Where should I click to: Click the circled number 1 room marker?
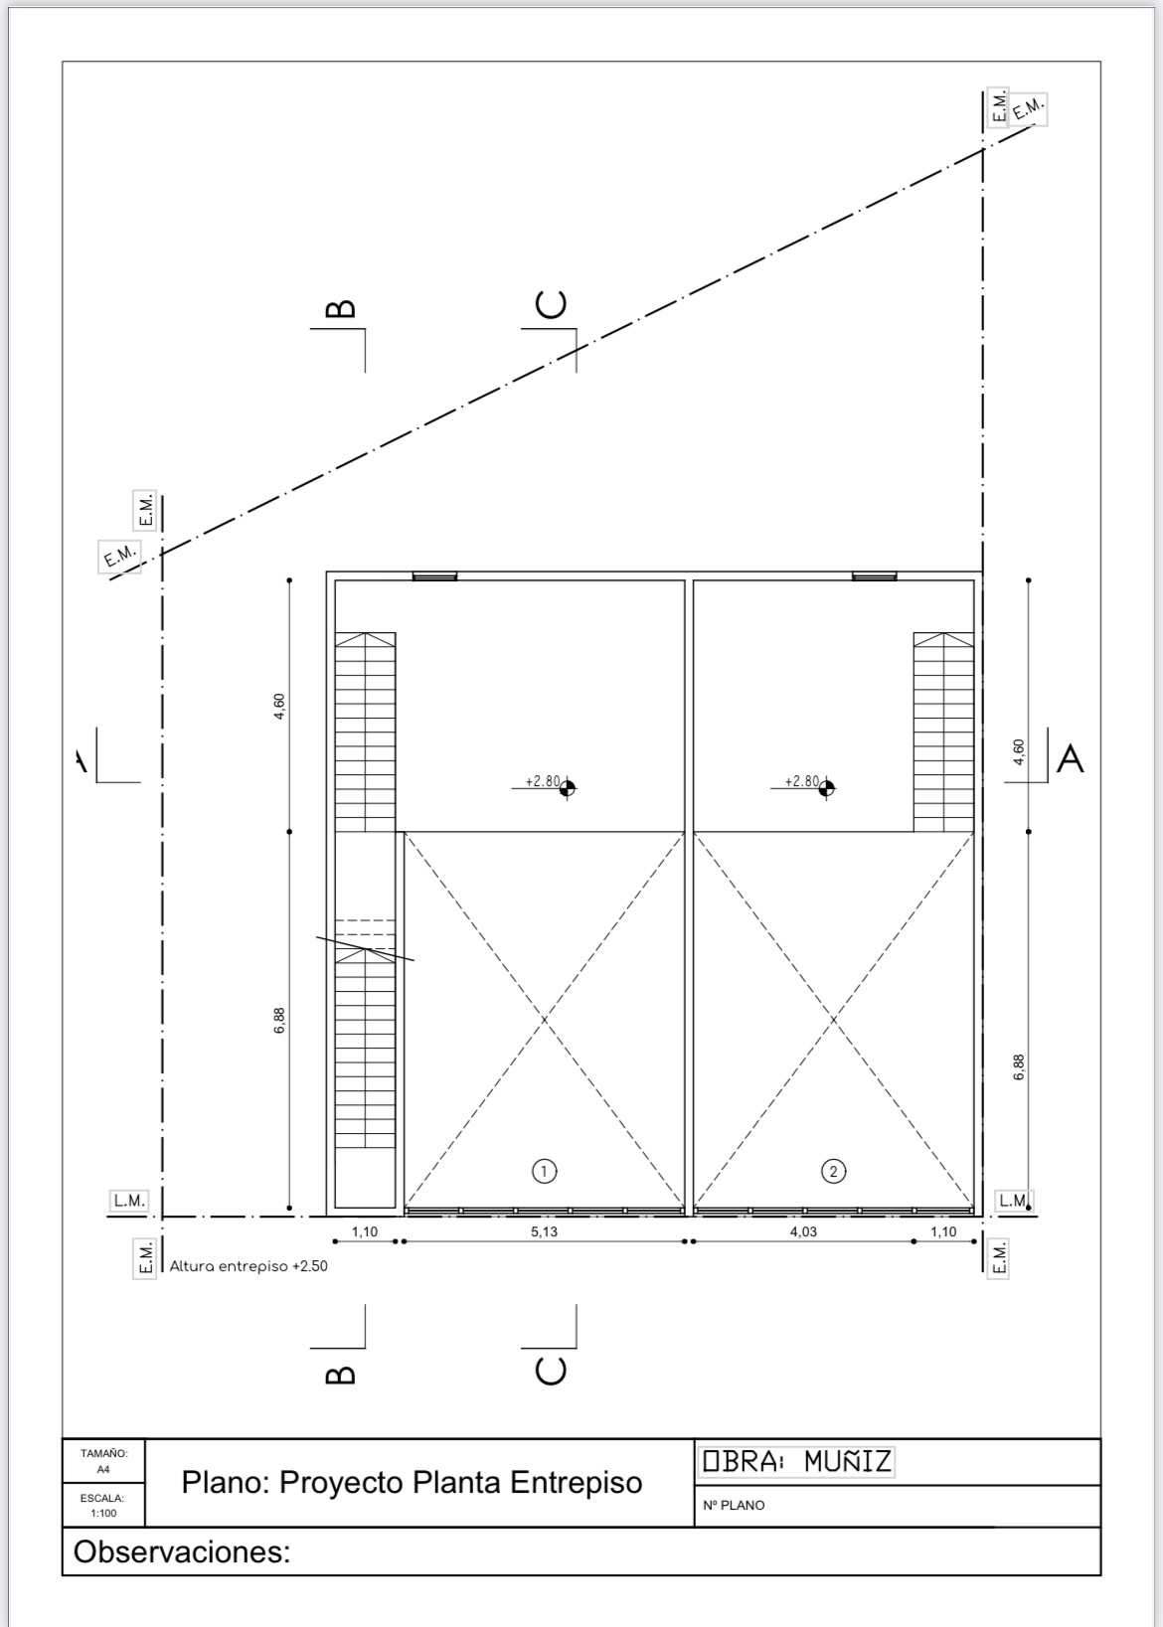544,1171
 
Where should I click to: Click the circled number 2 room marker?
833,1171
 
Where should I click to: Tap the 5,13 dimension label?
544,1231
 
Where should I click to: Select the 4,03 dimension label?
803,1231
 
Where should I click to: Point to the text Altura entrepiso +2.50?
249,1266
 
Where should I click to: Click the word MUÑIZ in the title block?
847,1461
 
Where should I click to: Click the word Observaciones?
182,1551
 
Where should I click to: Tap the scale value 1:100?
103,1513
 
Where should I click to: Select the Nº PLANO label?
734,1506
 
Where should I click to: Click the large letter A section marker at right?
1070,758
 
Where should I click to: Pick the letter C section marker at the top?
551,304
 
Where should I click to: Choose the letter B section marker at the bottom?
341,1375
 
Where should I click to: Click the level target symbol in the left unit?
568,787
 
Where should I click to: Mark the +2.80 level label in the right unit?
802,781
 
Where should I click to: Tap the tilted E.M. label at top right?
1028,109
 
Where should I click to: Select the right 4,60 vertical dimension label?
1019,751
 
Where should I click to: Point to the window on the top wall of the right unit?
874,576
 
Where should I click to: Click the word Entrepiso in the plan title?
577,1483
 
